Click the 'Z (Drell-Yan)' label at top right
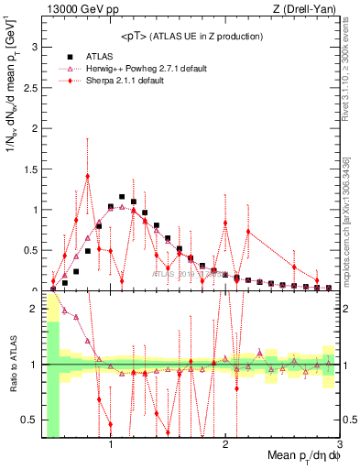tap(308, 8)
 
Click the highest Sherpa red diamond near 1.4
tap(87, 176)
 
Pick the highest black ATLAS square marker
tap(122, 196)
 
